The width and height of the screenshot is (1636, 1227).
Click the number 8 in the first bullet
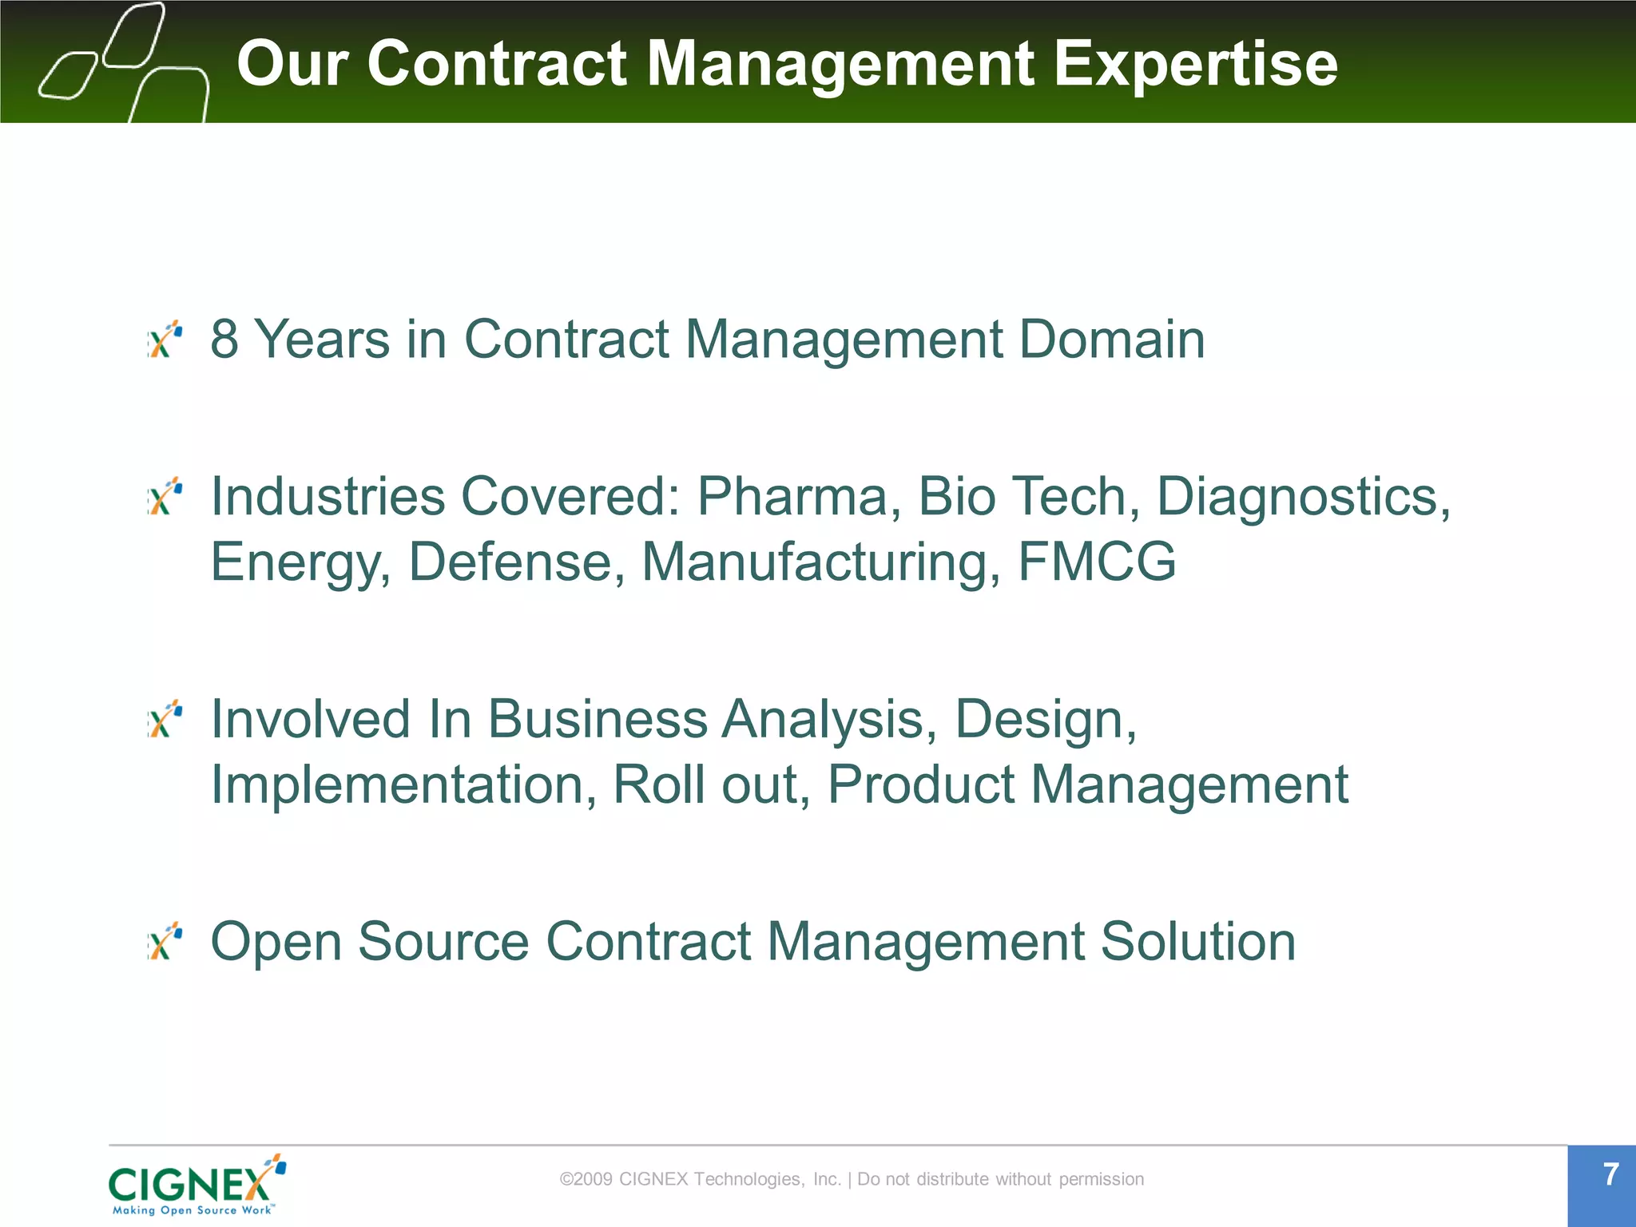click(224, 340)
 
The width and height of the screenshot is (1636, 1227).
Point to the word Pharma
click(792, 497)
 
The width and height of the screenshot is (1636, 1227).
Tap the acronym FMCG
click(1097, 562)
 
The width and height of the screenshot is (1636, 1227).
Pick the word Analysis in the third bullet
click(829, 720)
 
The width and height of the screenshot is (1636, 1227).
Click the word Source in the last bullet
click(443, 942)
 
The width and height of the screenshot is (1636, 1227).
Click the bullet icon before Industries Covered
click(165, 497)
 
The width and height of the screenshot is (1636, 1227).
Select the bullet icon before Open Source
click(165, 941)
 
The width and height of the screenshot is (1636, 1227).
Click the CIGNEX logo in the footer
click(197, 1185)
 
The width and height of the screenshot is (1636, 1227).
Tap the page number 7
click(1610, 1175)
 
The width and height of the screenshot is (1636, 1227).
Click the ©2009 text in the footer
click(586, 1179)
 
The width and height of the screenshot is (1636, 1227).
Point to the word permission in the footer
click(1101, 1180)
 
